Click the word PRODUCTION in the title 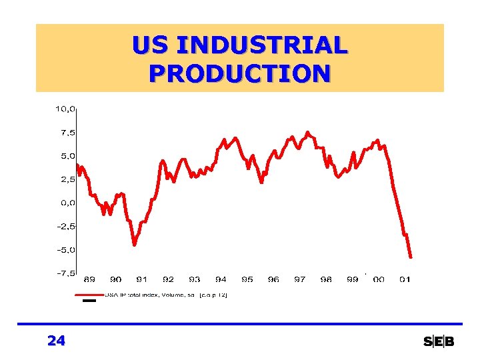click(240, 72)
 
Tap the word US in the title click(149, 46)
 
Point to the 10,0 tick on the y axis click(65, 108)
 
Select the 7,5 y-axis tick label click(67, 132)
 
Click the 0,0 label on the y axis click(67, 203)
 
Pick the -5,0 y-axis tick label click(65, 250)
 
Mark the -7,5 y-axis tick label click(65, 273)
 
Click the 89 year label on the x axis click(89, 280)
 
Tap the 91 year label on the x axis click(142, 280)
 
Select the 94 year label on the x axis click(221, 280)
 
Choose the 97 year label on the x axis click(300, 280)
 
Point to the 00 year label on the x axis click(379, 280)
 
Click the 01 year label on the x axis click(405, 280)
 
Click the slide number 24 click(57, 341)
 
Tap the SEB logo click(439, 342)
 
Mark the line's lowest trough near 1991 click(134, 245)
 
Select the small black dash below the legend click(89, 301)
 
